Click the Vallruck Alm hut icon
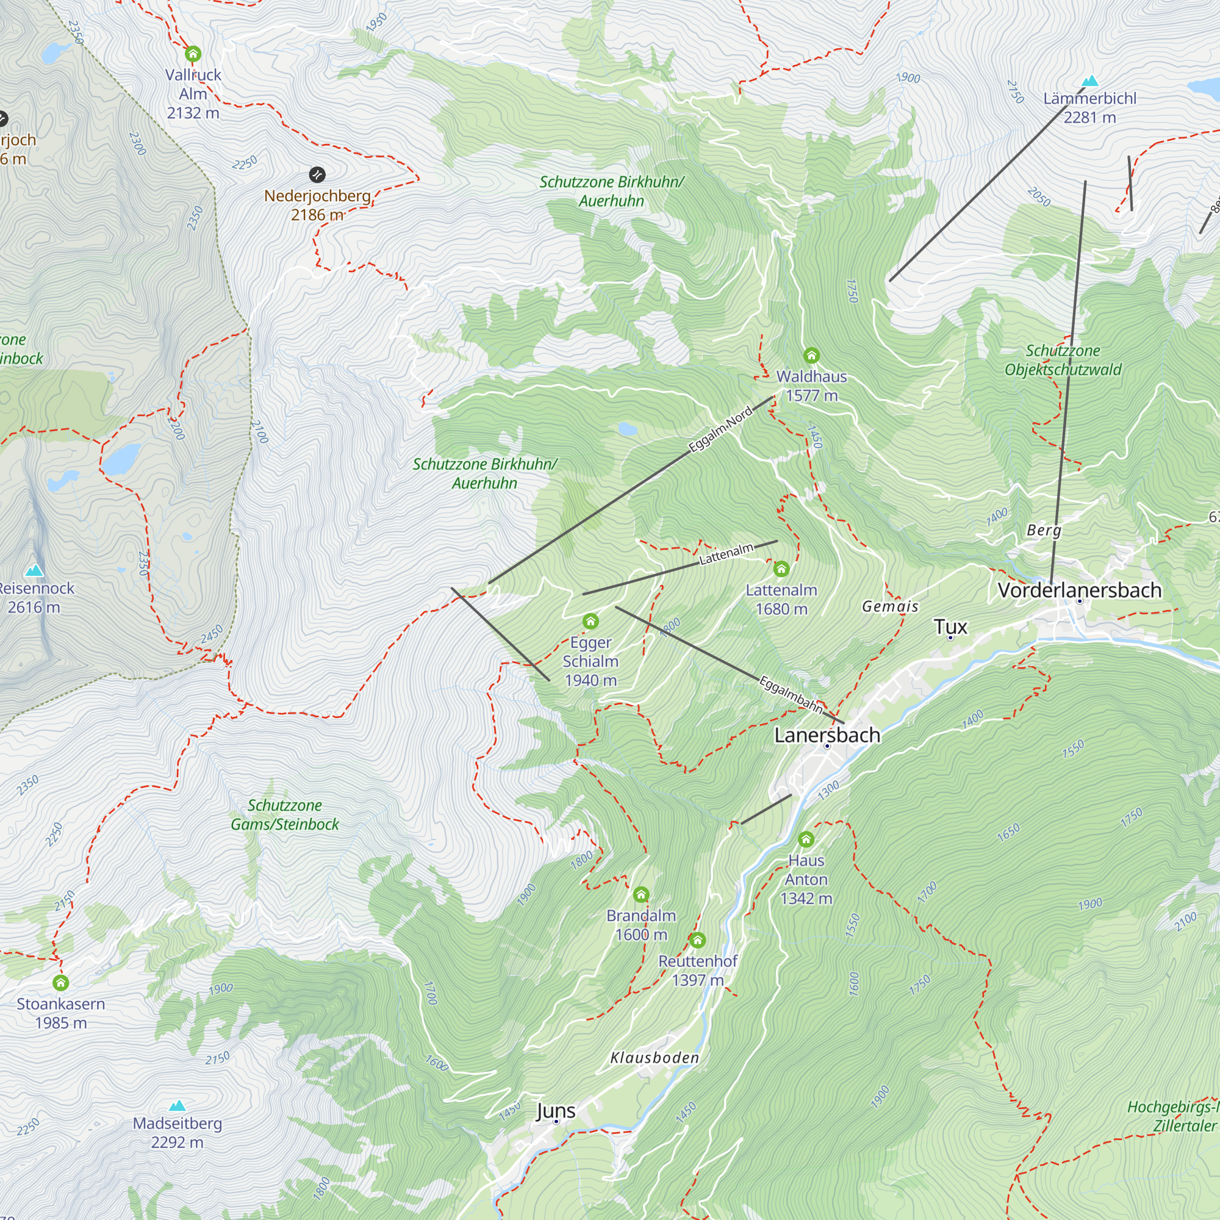click(193, 54)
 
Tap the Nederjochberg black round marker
click(317, 174)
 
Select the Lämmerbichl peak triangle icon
click(1090, 81)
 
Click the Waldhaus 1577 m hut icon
click(811, 356)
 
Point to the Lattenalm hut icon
click(781, 569)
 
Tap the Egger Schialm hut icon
click(590, 622)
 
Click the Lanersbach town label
click(827, 735)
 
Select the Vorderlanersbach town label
click(1080, 590)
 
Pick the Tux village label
click(950, 626)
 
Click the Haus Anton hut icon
click(806, 839)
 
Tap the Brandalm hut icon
click(641, 894)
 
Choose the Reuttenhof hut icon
click(697, 940)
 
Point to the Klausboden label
click(655, 1058)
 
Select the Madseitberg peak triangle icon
click(178, 1105)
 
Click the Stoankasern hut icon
click(60, 983)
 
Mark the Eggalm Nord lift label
click(720, 429)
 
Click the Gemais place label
click(891, 606)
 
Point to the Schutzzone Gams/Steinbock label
click(285, 814)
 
